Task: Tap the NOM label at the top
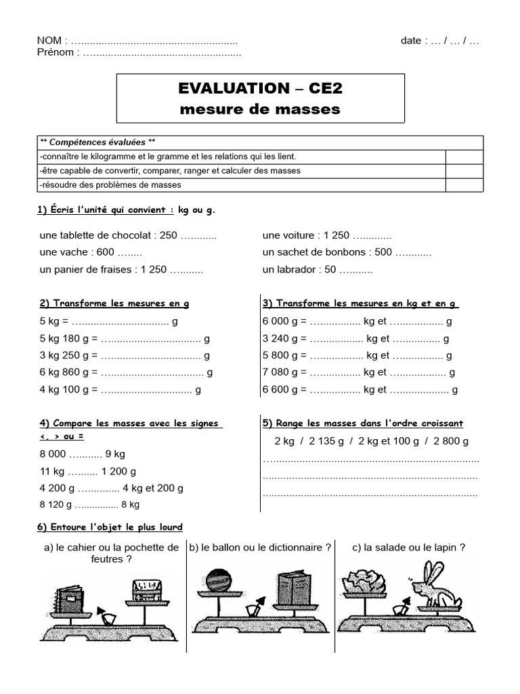click(50, 41)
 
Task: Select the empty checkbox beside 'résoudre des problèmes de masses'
click(464, 184)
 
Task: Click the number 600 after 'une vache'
click(106, 252)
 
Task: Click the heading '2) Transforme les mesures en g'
click(114, 303)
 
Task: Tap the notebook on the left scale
click(70, 596)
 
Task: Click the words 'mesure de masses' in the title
click(260, 109)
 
